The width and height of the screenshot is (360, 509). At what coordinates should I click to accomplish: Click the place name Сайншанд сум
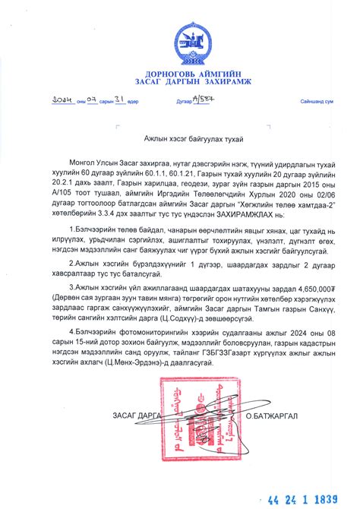point(316,101)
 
